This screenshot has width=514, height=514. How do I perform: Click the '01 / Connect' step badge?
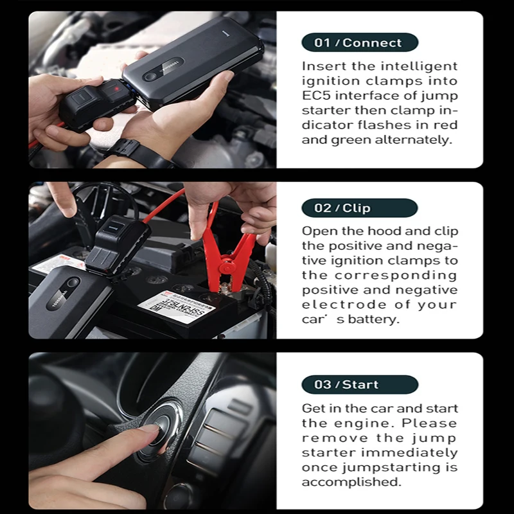pyautogui.click(x=359, y=43)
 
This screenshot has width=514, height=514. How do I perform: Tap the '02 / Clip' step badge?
pyautogui.click(x=359, y=208)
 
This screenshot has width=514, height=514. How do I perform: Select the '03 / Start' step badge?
pyautogui.click(x=359, y=385)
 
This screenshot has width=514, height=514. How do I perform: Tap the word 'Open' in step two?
pyautogui.click(x=317, y=231)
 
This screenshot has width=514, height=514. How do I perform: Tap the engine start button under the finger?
pyautogui.click(x=154, y=432)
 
